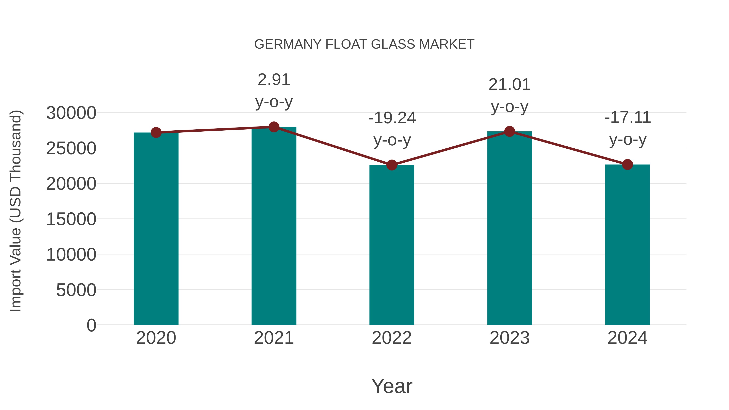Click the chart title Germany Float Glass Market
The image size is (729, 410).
[x=364, y=44]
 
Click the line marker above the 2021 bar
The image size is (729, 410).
[x=274, y=127]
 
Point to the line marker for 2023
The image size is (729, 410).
[x=509, y=132]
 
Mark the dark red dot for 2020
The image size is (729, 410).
[x=156, y=132]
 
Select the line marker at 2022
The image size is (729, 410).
[x=392, y=165]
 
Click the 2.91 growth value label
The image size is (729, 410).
[x=274, y=80]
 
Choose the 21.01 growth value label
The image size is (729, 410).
[x=509, y=85]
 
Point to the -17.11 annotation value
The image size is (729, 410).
[x=627, y=117]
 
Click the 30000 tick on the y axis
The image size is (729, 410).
[x=71, y=113]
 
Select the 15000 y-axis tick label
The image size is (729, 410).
[x=71, y=219]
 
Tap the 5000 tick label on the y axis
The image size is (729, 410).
[x=76, y=290]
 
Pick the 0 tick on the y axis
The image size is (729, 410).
[x=91, y=325]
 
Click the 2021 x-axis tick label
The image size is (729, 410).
[x=274, y=338]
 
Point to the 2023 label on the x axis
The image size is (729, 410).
[x=509, y=338]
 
